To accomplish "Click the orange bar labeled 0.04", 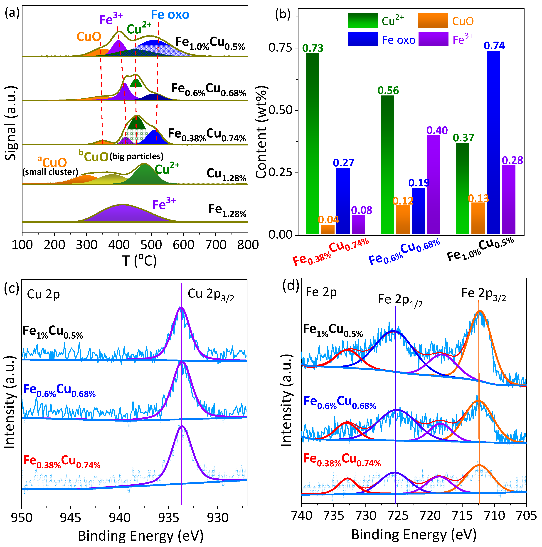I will coord(328,229).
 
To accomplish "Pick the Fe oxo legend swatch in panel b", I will coord(363,39).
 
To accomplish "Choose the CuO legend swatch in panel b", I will coord(433,21).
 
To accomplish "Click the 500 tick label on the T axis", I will coord(151,245).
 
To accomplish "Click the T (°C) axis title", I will coord(139,260).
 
